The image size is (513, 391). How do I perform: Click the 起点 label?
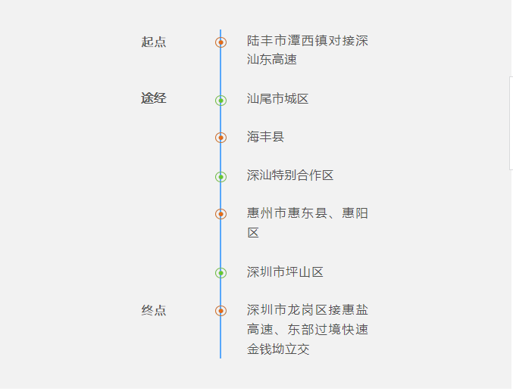tap(153, 42)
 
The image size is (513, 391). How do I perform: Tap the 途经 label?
tap(153, 98)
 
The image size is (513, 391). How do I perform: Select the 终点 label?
tap(153, 310)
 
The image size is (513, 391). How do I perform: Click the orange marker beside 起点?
tap(221, 42)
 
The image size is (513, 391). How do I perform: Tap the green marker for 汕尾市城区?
tap(221, 101)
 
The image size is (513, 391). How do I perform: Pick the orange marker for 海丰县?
tap(221, 138)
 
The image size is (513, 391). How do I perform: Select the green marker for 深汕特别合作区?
tap(221, 177)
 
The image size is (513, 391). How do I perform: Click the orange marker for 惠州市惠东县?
tap(221, 214)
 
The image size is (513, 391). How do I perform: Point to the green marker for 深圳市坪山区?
tap(221, 273)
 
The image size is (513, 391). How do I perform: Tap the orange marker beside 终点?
tap(221, 311)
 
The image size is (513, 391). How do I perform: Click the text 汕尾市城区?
tap(278, 98)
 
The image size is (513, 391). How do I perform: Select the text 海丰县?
tap(265, 137)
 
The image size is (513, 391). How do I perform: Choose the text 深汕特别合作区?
tap(290, 175)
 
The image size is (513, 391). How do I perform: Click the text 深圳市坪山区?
tap(285, 272)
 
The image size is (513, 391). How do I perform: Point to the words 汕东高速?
tap(272, 60)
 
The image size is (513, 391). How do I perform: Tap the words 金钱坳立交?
tap(278, 349)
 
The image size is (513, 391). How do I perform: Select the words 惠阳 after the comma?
tap(355, 213)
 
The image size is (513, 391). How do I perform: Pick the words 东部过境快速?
tap(328, 330)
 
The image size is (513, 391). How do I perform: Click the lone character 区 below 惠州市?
tap(253, 233)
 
